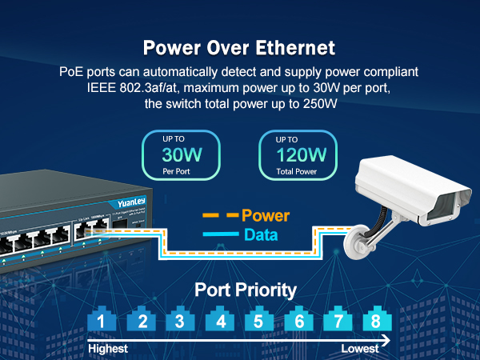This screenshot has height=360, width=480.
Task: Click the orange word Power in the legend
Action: [265, 216]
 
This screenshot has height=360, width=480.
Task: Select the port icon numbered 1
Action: [101, 322]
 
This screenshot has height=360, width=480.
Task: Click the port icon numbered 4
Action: [218, 322]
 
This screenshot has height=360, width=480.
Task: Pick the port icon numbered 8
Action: [375, 322]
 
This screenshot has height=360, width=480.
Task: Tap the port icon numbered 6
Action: [297, 322]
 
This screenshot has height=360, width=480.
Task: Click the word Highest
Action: [108, 350]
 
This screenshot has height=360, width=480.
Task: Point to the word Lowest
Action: [360, 350]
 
